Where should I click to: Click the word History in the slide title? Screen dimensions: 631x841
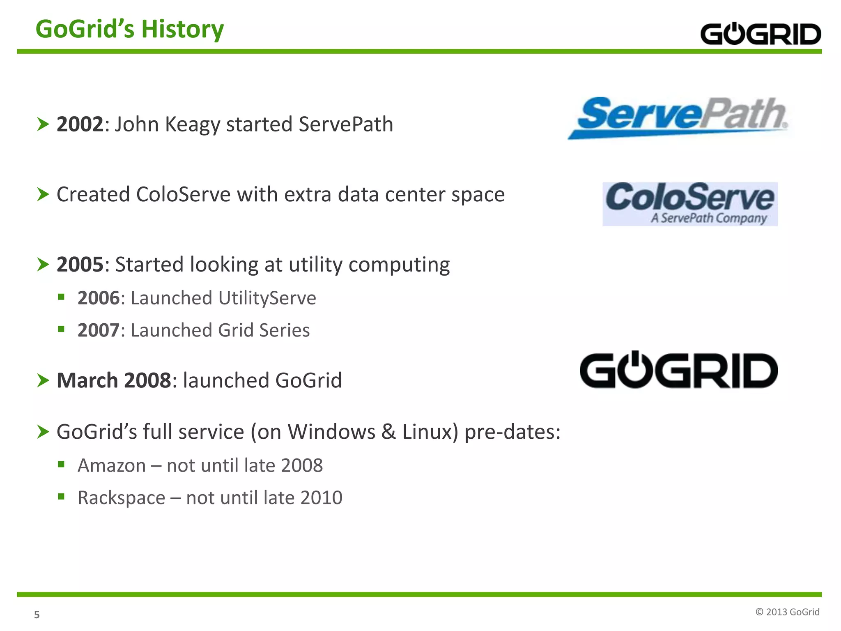point(182,30)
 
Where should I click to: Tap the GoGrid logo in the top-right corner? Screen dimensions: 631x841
point(760,34)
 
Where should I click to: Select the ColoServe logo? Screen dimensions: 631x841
point(690,204)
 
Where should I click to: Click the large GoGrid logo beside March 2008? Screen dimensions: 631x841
point(678,370)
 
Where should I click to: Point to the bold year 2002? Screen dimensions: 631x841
point(80,124)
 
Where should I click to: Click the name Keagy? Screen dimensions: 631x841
point(192,125)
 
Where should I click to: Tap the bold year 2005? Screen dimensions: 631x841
point(80,265)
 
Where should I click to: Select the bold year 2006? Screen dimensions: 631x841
point(99,298)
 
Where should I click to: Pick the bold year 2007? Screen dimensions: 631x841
point(99,330)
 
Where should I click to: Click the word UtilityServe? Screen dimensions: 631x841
point(267,298)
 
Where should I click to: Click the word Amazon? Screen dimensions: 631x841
point(112,466)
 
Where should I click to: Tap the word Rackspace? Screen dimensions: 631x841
point(121,498)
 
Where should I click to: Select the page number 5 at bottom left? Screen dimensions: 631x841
point(37,615)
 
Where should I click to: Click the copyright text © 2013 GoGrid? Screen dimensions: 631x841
point(787,612)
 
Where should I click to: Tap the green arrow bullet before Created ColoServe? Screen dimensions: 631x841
point(43,194)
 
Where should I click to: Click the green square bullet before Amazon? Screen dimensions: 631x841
point(61,464)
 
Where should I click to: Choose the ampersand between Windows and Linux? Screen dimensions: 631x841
point(388,432)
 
